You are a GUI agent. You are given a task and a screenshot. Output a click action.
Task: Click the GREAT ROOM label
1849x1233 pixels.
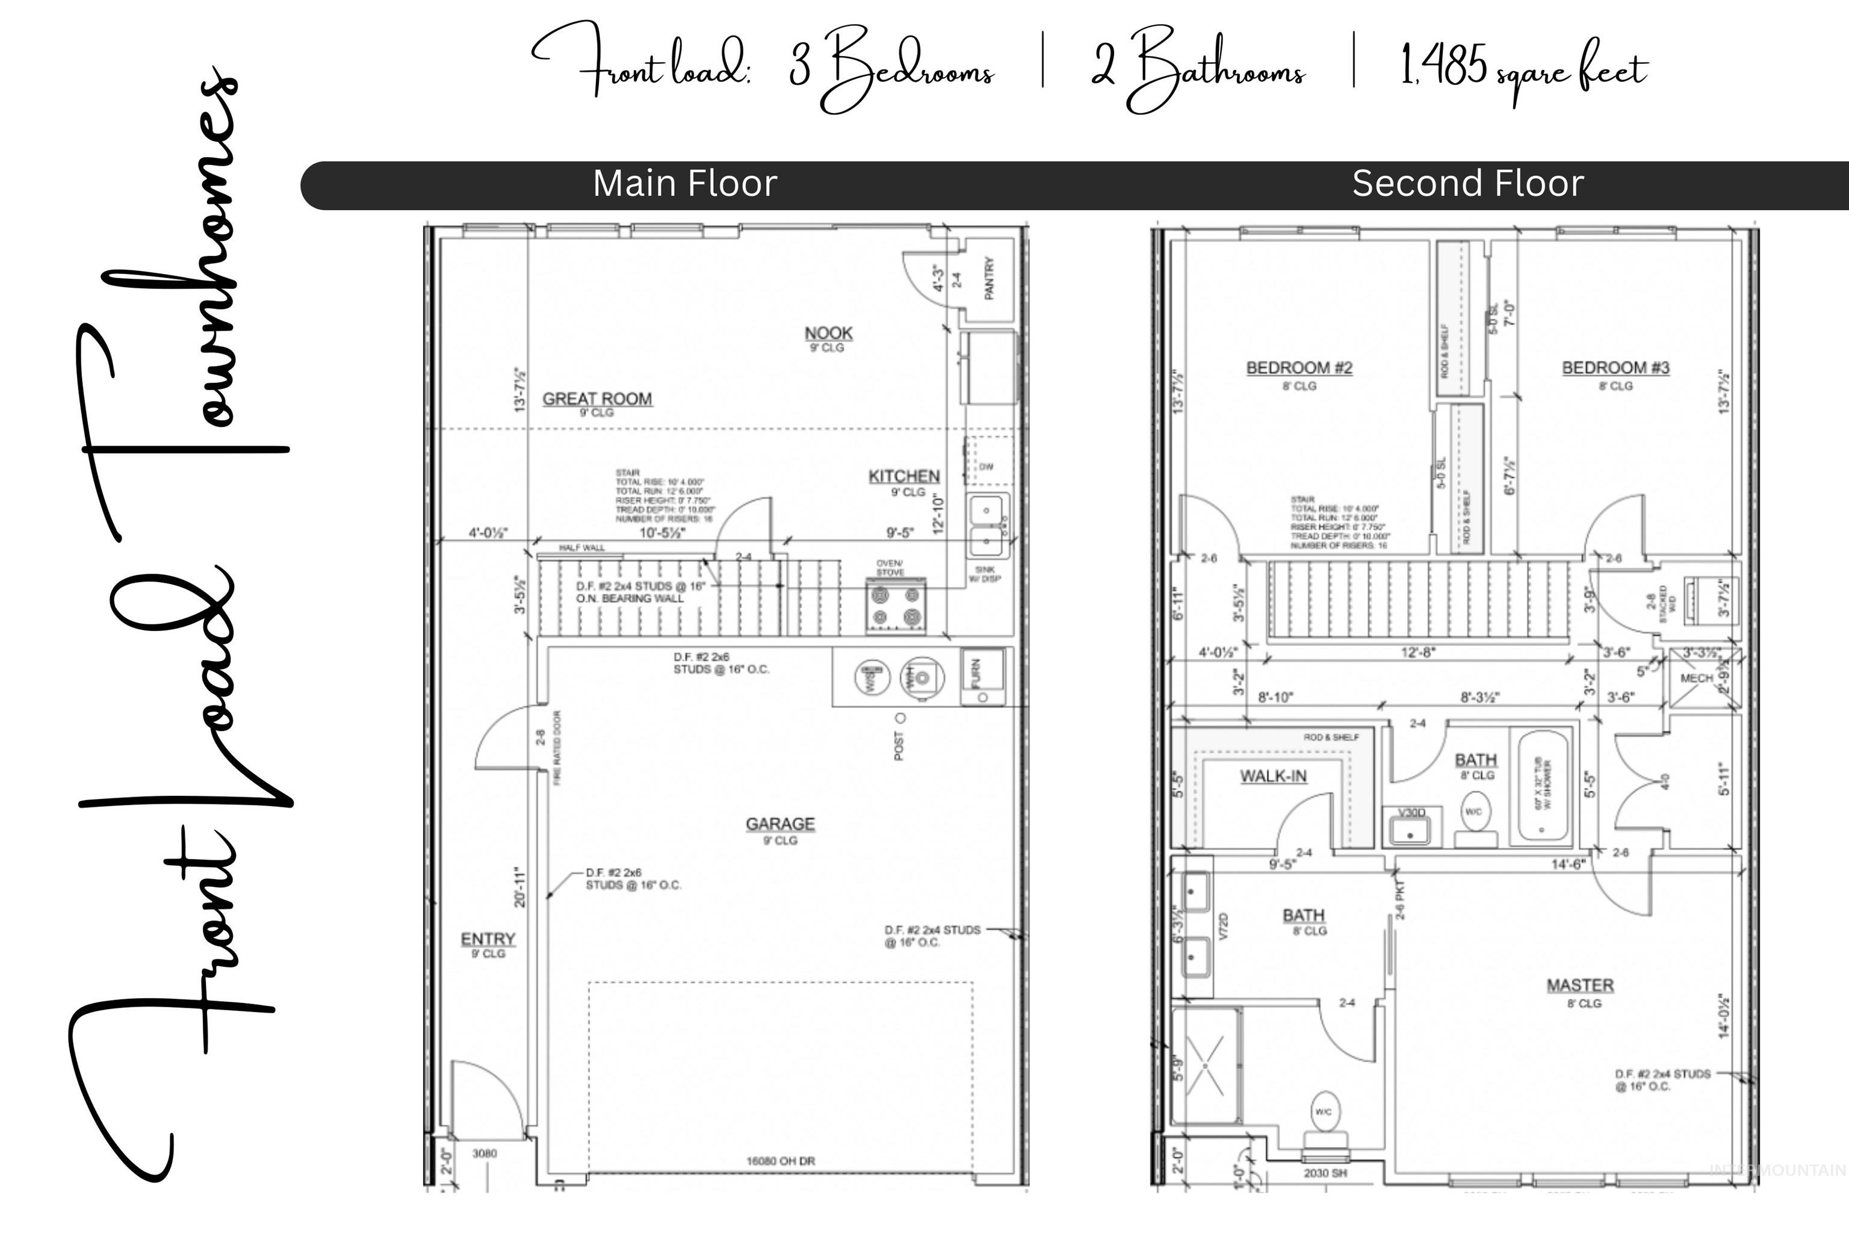[x=596, y=399]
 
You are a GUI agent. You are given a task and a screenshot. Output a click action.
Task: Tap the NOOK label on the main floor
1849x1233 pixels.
[x=829, y=334]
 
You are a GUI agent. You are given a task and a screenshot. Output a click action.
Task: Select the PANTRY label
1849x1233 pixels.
[x=989, y=278]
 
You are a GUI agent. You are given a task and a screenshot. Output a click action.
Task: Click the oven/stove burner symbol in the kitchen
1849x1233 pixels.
[x=896, y=606]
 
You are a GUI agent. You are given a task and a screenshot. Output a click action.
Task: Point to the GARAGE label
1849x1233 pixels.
[x=780, y=824]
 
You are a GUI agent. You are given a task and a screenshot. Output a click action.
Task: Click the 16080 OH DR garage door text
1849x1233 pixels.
[x=780, y=1161]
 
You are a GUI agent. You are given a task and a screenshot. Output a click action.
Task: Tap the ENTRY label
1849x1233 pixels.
[x=488, y=939]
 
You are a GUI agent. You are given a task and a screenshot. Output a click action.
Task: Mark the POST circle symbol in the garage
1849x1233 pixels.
[x=901, y=718]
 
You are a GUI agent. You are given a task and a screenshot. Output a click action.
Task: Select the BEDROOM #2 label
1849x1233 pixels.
[x=1299, y=367]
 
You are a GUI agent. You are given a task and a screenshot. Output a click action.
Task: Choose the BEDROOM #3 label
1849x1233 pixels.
[x=1615, y=367]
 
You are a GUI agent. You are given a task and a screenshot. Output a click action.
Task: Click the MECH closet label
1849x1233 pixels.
[x=1696, y=678]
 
